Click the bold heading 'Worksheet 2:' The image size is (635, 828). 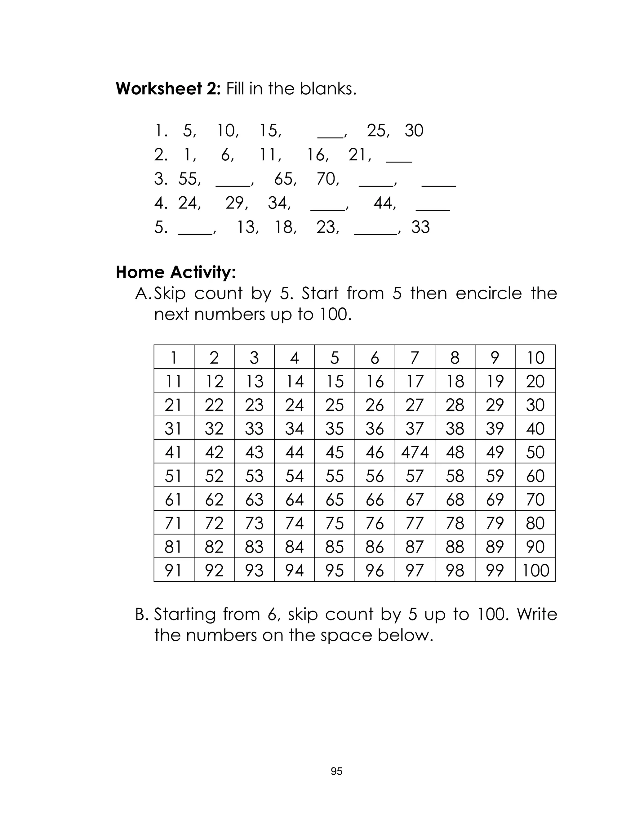pyautogui.click(x=168, y=89)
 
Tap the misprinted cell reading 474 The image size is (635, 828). pyautogui.click(x=415, y=452)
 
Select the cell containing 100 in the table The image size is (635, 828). pyautogui.click(x=535, y=571)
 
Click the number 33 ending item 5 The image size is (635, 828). pyautogui.click(x=420, y=227)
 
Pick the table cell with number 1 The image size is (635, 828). pyautogui.click(x=174, y=358)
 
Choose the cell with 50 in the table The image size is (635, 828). pyautogui.click(x=535, y=452)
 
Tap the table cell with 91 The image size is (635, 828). pyautogui.click(x=174, y=571)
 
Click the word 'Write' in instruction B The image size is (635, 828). pyautogui.click(x=537, y=614)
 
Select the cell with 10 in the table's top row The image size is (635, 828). pyautogui.click(x=535, y=358)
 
